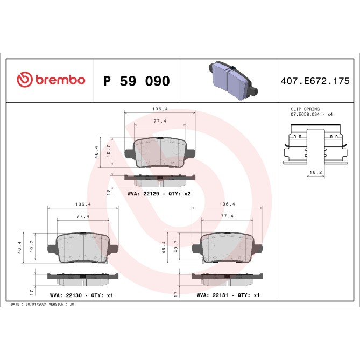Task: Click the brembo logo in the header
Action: tap(51, 80)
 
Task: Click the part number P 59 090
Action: tap(136, 81)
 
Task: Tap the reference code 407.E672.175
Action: tap(315, 81)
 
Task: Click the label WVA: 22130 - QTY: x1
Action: tap(81, 295)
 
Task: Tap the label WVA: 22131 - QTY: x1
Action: tap(228, 295)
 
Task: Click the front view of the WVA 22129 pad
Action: tap(160, 153)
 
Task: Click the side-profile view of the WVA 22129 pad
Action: tap(160, 177)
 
